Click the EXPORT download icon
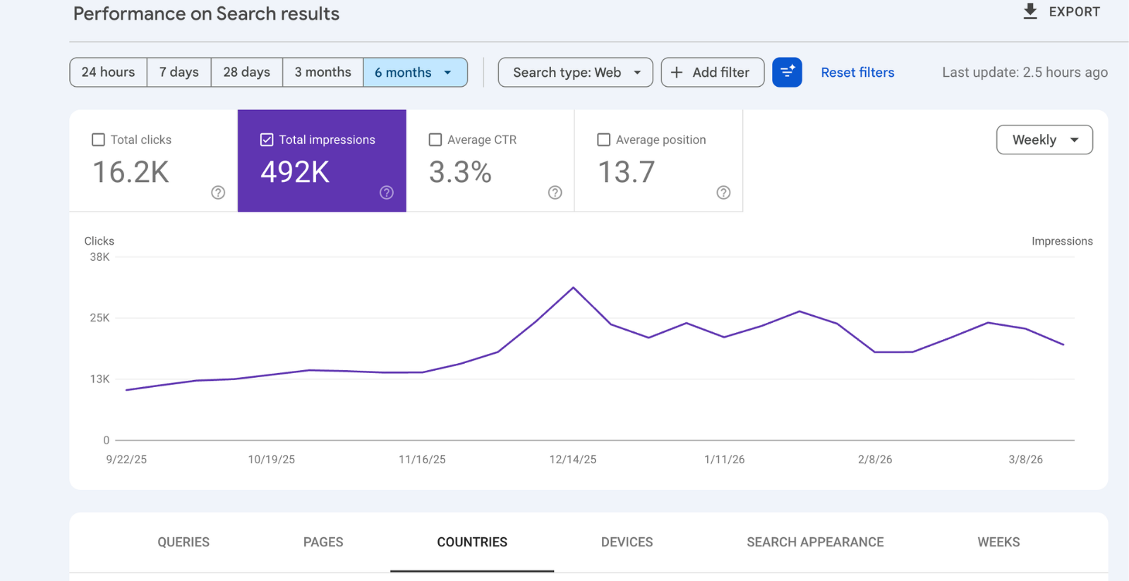click(x=1030, y=11)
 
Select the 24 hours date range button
click(x=108, y=72)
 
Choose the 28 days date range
click(x=246, y=72)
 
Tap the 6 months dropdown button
click(x=414, y=72)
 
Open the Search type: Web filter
click(x=575, y=72)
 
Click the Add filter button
click(x=712, y=72)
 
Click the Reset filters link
click(x=857, y=72)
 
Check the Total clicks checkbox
click(x=98, y=140)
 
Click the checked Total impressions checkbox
click(x=267, y=140)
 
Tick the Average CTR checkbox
click(x=435, y=140)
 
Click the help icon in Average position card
click(x=723, y=192)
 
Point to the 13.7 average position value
click(x=626, y=172)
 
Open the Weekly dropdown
click(x=1044, y=140)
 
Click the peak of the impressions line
click(x=573, y=288)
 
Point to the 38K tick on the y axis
click(x=99, y=257)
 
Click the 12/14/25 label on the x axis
click(x=572, y=460)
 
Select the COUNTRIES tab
click(x=471, y=542)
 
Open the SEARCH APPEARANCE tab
click(x=815, y=542)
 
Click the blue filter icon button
click(x=787, y=72)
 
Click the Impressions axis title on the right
click(x=1061, y=241)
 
